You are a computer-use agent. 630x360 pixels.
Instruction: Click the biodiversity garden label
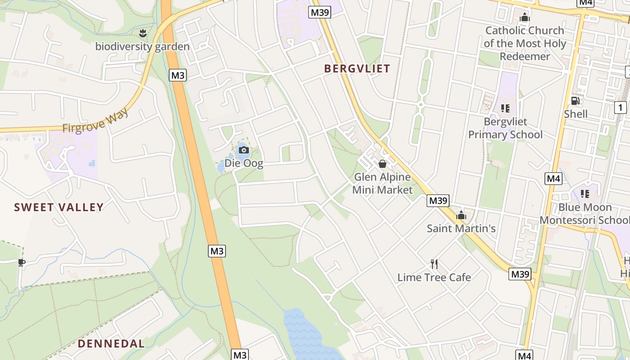click(142, 46)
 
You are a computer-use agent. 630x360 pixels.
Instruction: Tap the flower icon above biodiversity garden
click(143, 33)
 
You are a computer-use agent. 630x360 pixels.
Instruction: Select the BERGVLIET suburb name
click(357, 68)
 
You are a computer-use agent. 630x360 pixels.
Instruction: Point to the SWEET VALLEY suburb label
click(58, 207)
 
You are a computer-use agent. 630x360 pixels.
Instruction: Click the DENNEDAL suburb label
click(111, 343)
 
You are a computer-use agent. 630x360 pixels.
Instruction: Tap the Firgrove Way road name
click(95, 121)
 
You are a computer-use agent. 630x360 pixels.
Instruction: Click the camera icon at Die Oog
click(244, 150)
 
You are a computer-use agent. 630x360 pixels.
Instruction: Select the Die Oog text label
click(244, 163)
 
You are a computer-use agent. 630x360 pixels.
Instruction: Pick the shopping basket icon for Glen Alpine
click(382, 164)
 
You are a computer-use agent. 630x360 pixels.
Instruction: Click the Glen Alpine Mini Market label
click(382, 183)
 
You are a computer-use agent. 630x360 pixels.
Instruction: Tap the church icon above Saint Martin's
click(461, 215)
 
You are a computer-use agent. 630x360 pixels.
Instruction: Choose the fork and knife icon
click(434, 264)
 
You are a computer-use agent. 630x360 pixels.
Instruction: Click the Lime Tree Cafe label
click(434, 277)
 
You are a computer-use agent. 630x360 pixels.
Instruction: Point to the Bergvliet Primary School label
click(505, 128)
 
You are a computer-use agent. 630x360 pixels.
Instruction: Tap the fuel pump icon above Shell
click(575, 101)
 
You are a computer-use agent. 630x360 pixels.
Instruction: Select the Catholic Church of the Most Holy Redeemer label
click(525, 43)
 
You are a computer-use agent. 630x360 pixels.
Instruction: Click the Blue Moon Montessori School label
click(585, 214)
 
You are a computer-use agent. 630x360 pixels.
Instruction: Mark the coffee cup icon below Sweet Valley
click(21, 262)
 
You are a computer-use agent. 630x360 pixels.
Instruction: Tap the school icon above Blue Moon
click(585, 194)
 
